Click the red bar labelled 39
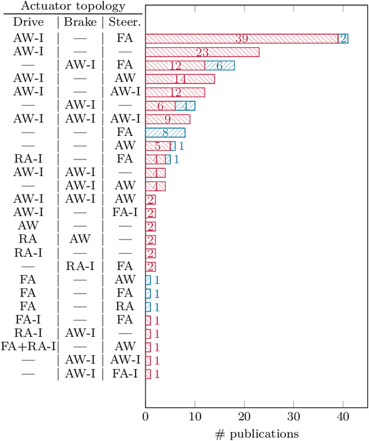[x=241, y=39]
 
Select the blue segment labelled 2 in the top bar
[x=343, y=39]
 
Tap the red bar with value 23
[x=202, y=52]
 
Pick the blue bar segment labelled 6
[x=220, y=66]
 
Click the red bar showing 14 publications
[x=180, y=79]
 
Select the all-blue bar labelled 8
[x=165, y=132]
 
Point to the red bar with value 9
[x=167, y=119]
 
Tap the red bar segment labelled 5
[x=157, y=146]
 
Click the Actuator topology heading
[x=71, y=7]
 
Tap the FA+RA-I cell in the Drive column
[x=28, y=346]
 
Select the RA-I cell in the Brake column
[x=80, y=266]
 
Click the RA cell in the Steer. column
[x=125, y=306]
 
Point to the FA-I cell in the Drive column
[x=28, y=320]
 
